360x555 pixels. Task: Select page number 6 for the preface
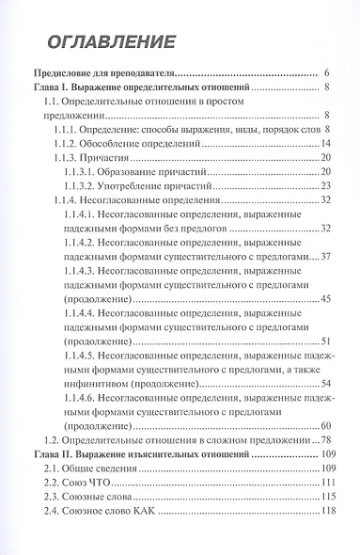[324, 72]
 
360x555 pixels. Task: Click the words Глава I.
[54, 87]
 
